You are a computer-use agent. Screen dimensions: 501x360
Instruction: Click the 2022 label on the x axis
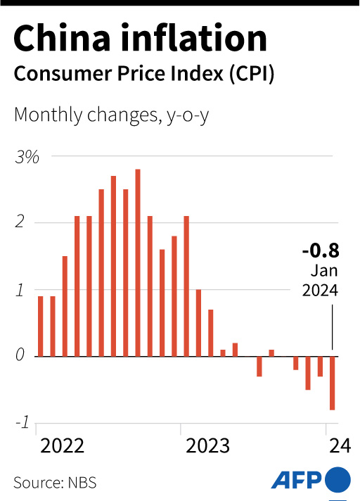[x=62, y=446]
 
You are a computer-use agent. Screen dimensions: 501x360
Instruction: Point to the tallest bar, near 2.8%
[x=138, y=262]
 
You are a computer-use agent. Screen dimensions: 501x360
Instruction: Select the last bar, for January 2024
[x=332, y=383]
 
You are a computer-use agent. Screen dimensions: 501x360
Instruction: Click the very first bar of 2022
[x=41, y=326]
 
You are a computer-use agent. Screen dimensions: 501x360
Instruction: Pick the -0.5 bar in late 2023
[x=308, y=373]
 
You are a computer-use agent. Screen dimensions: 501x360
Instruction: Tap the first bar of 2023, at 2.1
[x=186, y=286]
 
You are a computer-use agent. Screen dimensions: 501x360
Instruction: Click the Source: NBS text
[x=55, y=483]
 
